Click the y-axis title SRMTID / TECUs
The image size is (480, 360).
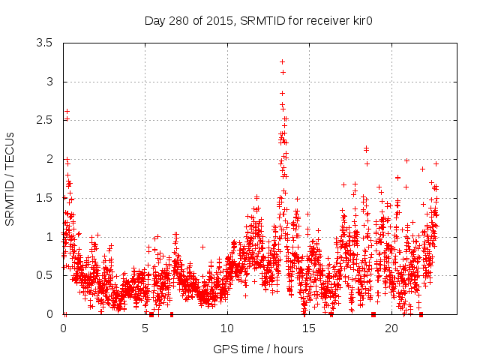[10, 178]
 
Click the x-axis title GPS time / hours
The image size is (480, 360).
[258, 349]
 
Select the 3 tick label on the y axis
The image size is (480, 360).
[51, 82]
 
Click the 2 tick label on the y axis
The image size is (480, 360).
[51, 159]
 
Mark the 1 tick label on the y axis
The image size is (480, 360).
[51, 236]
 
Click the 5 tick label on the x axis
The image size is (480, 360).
[145, 328]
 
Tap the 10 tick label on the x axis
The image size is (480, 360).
[227, 328]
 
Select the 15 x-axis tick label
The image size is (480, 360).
[310, 328]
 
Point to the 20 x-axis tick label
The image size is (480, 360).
[391, 328]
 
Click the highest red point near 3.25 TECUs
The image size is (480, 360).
[282, 61]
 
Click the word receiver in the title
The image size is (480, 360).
[297, 19]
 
